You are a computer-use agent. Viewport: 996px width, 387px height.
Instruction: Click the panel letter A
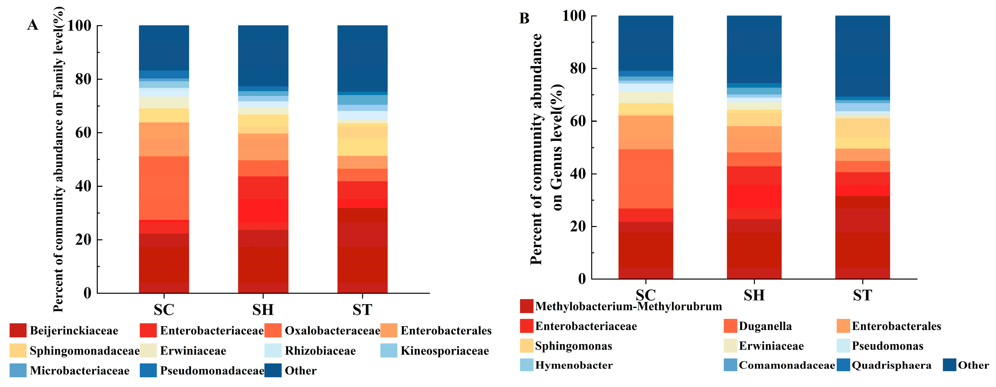[x=32, y=25]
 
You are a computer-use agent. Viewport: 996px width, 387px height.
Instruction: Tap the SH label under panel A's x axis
[x=263, y=310]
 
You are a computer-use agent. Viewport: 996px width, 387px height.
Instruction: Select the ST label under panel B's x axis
[x=862, y=295]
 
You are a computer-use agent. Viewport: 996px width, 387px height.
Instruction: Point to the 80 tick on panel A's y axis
[x=83, y=79]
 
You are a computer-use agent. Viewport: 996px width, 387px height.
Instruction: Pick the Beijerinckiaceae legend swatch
[x=18, y=331]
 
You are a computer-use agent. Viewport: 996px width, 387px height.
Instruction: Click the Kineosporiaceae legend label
[x=444, y=351]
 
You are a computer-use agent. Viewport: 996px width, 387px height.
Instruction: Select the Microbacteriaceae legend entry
[x=79, y=371]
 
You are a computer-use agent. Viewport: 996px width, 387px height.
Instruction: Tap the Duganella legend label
[x=765, y=326]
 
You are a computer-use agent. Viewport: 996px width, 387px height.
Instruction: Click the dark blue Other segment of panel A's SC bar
[x=164, y=48]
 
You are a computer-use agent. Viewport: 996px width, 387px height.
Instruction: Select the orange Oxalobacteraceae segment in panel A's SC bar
[x=164, y=188]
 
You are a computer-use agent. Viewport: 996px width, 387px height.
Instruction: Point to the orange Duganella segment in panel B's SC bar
[x=646, y=179]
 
